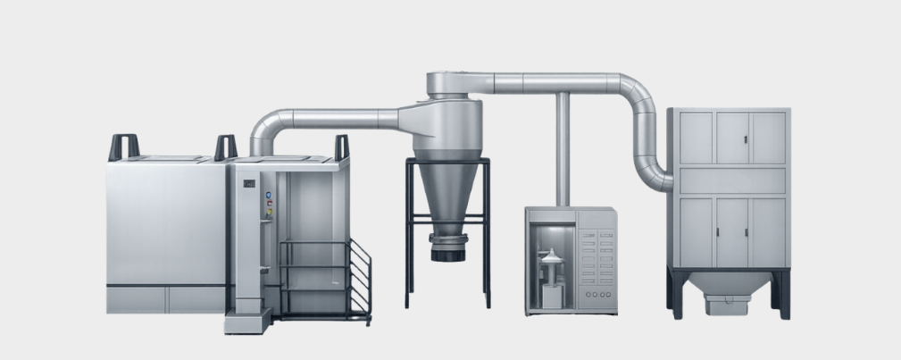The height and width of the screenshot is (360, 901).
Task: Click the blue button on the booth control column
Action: [x=265, y=195]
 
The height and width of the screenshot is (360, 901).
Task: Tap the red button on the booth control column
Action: [x=265, y=204]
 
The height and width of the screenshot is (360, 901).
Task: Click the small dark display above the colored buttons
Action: [x=250, y=184]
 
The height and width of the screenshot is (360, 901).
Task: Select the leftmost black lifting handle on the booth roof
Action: [x=123, y=147]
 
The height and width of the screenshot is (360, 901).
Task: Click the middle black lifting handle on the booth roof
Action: [x=225, y=147]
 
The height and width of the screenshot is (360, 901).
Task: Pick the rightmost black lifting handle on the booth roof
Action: [x=342, y=147]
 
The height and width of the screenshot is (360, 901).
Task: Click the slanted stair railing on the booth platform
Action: [x=358, y=272]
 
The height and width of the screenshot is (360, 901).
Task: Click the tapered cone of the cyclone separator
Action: [x=446, y=192]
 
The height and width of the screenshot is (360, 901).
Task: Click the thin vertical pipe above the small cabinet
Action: [x=563, y=148]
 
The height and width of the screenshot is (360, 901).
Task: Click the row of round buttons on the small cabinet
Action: [x=596, y=294]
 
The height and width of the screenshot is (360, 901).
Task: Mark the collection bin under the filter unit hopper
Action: [x=727, y=305]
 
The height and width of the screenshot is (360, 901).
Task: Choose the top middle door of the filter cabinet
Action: [x=732, y=138]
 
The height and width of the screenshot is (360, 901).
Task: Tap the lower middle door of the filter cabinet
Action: [x=732, y=232]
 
